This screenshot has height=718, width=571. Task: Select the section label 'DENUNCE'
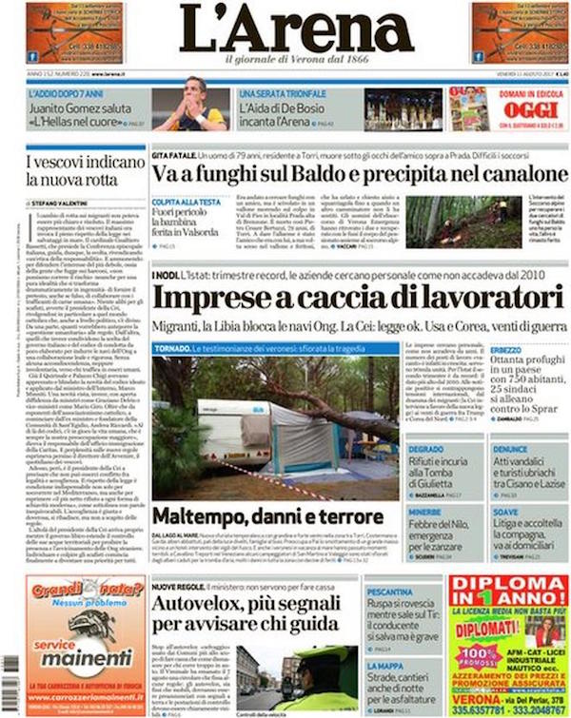tap(511, 448)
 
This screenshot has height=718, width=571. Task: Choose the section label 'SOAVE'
tap(506, 511)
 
